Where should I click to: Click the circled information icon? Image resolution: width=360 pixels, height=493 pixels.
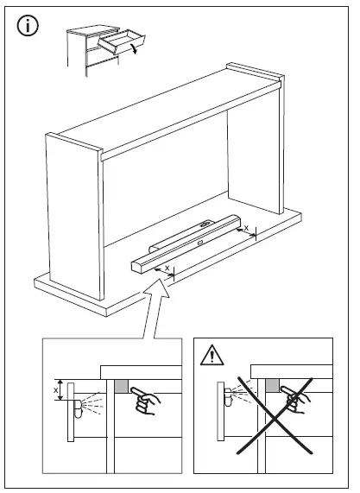pyautogui.click(x=29, y=26)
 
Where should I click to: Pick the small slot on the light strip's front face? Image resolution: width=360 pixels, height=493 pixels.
pyautogui.click(x=201, y=243)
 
